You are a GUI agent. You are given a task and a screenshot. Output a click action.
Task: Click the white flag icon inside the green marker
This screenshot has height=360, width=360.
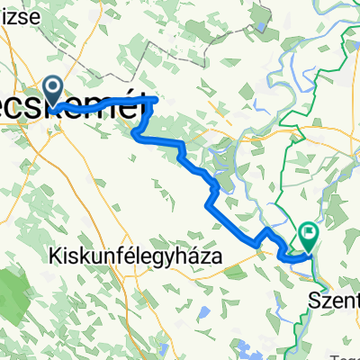click(x=310, y=234)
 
